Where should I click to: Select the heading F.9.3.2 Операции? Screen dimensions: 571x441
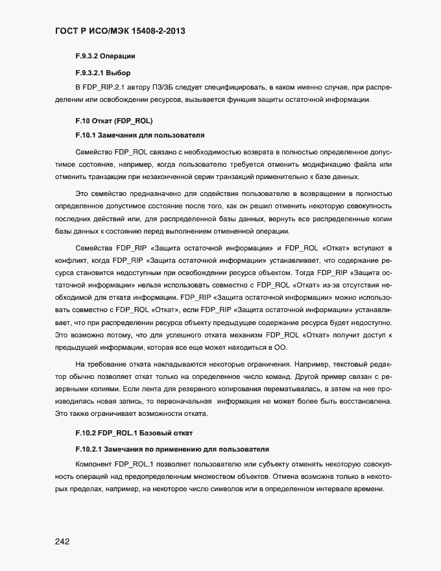tap(105, 56)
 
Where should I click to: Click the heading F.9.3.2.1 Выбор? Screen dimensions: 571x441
tap(102, 72)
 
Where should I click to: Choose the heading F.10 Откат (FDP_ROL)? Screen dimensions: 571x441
tap(113, 121)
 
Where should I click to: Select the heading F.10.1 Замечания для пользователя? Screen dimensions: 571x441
tap(140, 136)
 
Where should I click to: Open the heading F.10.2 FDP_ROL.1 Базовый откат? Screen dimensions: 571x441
tap(134, 433)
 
